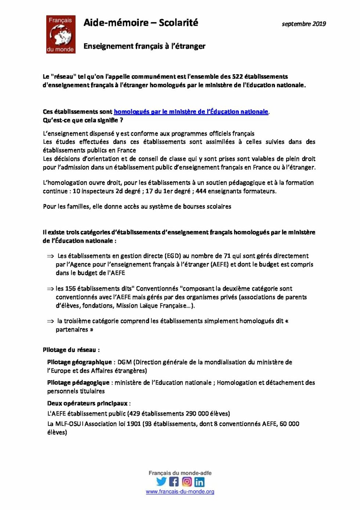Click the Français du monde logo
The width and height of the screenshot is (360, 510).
[61, 34]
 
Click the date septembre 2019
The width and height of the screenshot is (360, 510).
[303, 24]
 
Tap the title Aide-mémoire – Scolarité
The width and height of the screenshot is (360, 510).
[141, 23]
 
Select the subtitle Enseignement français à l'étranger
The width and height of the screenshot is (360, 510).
[144, 46]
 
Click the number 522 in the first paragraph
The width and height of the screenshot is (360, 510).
[237, 76]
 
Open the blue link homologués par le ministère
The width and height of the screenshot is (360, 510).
[191, 111]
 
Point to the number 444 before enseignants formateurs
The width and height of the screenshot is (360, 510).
[201, 191]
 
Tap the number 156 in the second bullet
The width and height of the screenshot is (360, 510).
[70, 289]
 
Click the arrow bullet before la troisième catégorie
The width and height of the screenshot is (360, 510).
[50, 321]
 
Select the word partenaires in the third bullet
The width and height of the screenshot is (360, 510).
[72, 330]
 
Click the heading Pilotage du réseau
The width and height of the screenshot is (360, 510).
[71, 350]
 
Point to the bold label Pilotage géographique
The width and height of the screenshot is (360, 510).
[79, 362]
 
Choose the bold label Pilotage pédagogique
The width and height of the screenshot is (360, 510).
[78, 383]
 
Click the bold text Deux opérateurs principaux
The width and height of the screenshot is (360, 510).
[87, 403]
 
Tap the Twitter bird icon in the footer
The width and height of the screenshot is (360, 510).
[161, 481]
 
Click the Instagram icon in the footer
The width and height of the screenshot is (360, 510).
[187, 481]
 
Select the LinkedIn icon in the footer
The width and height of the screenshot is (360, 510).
[199, 482]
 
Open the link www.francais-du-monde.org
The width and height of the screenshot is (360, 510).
[180, 492]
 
